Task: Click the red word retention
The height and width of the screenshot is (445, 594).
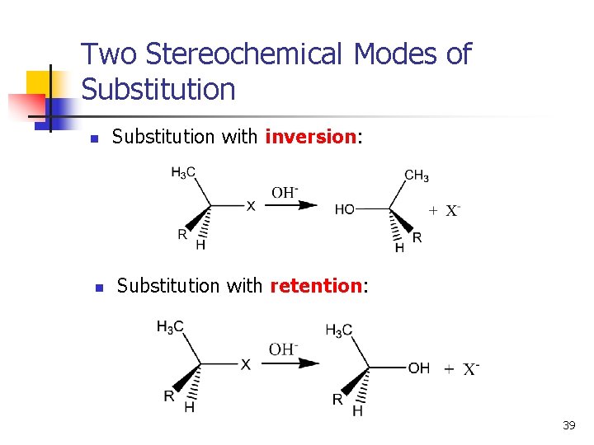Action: tap(316, 286)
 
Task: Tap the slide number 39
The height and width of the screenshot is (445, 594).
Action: tap(568, 425)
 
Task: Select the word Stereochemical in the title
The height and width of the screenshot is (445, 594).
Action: tap(244, 54)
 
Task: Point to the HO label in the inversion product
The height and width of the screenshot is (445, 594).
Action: tap(345, 210)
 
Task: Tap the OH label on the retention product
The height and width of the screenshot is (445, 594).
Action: tap(418, 368)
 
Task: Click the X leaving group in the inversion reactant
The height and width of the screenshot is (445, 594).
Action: tap(251, 206)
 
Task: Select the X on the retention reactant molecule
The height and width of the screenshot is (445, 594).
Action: tap(245, 365)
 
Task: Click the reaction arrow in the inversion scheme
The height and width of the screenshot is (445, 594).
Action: tap(295, 205)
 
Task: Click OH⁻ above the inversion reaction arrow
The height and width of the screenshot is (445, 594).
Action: tap(285, 193)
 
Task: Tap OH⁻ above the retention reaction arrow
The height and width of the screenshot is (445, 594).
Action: tap(283, 349)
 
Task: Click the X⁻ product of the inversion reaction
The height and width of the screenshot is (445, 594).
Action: tap(452, 211)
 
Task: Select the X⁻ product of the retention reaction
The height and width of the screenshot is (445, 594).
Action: tap(470, 369)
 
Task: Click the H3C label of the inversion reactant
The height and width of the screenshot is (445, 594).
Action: tap(183, 172)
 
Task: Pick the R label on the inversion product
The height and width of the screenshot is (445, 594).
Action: tap(417, 237)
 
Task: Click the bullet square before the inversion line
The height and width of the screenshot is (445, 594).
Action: tap(94, 138)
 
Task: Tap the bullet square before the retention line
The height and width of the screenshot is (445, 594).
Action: tap(97, 288)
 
